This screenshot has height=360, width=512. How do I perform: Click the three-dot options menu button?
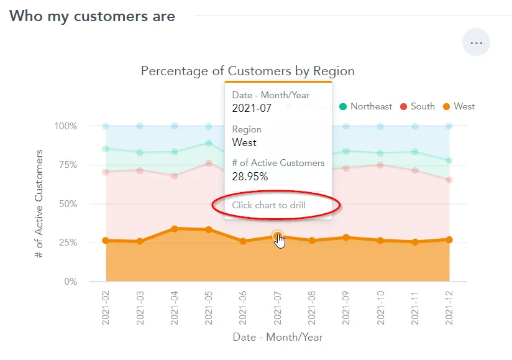pos(476,43)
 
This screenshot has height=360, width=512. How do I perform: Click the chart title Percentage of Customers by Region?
pos(247,71)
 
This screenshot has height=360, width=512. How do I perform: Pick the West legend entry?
pos(459,106)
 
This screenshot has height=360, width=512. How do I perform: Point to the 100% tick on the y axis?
pos(65,126)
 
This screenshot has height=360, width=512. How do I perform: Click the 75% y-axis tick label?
pos(66,165)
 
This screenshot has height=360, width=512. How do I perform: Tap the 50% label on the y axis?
pos(66,204)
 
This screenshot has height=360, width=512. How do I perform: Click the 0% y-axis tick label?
pos(69,282)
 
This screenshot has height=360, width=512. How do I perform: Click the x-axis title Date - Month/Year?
pos(278,337)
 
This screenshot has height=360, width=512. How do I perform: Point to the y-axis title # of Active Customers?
pos(39,204)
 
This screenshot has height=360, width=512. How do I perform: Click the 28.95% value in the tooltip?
pos(250,177)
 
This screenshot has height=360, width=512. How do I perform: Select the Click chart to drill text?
pos(268,205)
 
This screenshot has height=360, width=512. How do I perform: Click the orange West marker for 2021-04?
pos(175,229)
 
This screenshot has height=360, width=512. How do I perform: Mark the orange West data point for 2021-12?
pos(449,239)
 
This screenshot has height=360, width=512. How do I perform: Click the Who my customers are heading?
pos(92,16)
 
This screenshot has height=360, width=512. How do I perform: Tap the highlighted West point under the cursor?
pos(277,236)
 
